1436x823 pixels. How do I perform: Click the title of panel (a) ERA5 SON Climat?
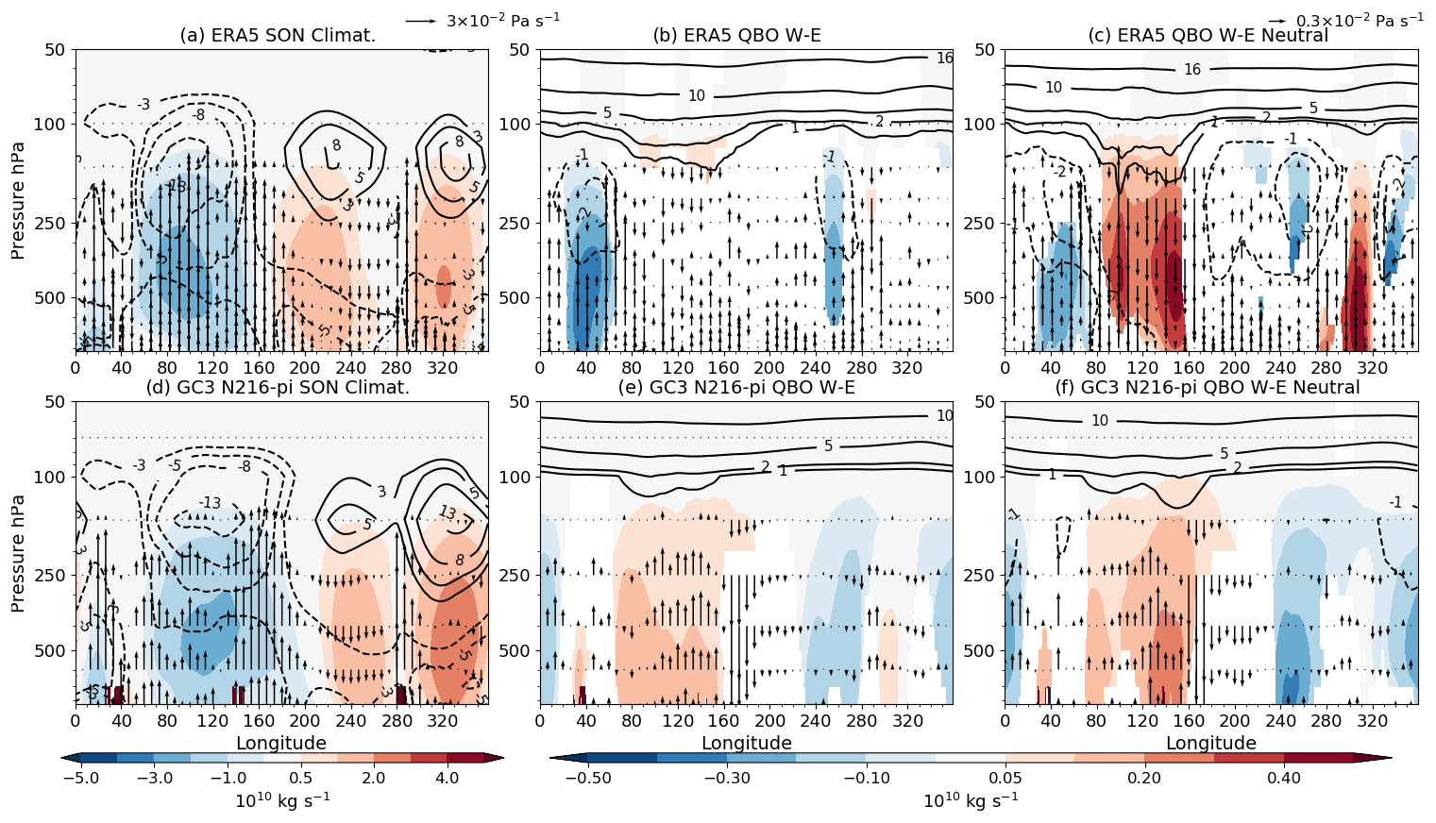pyautogui.click(x=278, y=36)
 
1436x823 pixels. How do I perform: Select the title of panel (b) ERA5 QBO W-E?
pyautogui.click(x=737, y=36)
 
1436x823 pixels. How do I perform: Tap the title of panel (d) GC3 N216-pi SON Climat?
pyautogui.click(x=278, y=388)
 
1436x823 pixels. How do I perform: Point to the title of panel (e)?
pyautogui.click(x=737, y=388)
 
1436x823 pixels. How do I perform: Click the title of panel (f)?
pyautogui.click(x=1208, y=388)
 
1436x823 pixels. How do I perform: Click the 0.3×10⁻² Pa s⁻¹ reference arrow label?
pyautogui.click(x=1360, y=20)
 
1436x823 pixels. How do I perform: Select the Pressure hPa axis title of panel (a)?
pyautogui.click(x=18, y=200)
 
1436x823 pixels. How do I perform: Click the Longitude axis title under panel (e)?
pyautogui.click(x=746, y=744)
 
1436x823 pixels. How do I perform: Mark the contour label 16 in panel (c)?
pyautogui.click(x=1192, y=70)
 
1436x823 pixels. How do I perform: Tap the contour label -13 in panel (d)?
pyautogui.click(x=210, y=503)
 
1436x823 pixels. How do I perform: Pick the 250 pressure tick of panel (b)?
pyautogui.click(x=518, y=224)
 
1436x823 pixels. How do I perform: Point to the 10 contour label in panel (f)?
pyautogui.click(x=1100, y=421)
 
